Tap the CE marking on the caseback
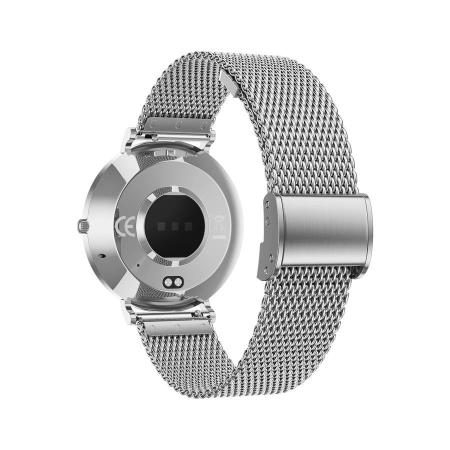tap(124, 226)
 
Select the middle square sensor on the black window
tap(175, 226)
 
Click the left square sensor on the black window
tap(161, 225)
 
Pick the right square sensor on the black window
tap(188, 226)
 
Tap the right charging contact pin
tap(177, 282)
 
